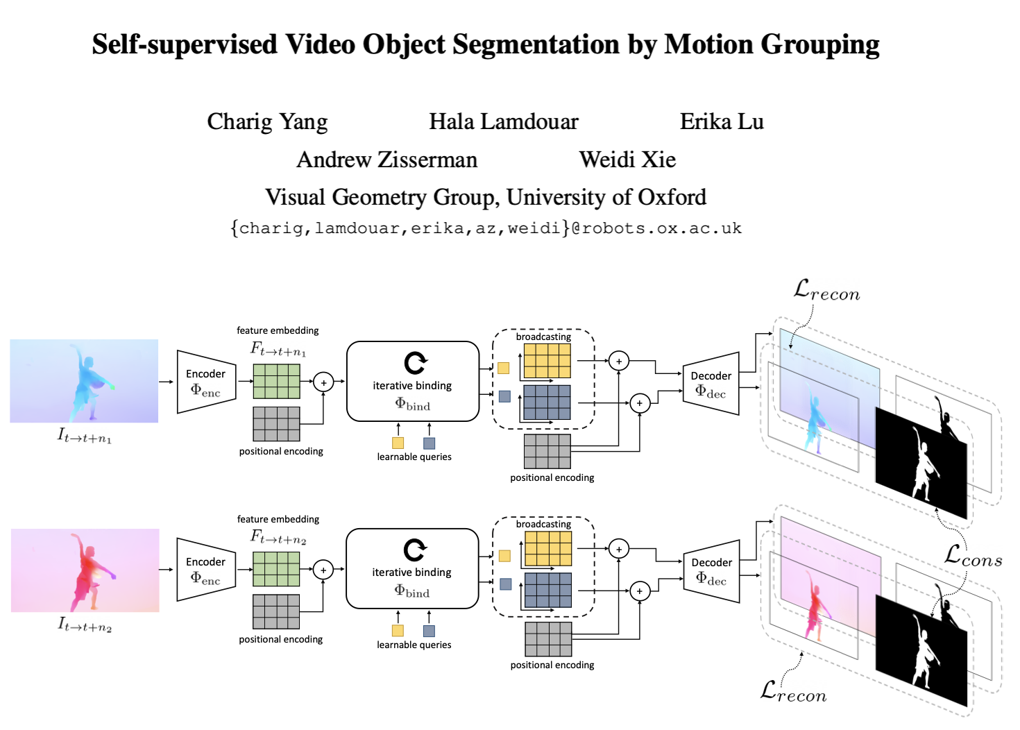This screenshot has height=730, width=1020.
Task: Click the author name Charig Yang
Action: click(x=267, y=122)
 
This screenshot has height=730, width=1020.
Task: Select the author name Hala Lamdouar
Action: click(x=503, y=122)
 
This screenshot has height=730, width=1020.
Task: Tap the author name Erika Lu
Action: click(x=721, y=122)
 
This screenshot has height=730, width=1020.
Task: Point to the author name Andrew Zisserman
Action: click(x=386, y=160)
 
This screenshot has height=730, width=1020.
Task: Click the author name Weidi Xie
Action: click(x=627, y=160)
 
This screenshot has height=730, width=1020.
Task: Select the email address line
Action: click(x=486, y=228)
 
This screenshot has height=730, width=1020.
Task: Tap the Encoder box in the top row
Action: click(x=206, y=382)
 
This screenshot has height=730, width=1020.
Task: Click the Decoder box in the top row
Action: click(x=711, y=384)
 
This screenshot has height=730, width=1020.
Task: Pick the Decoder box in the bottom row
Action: click(x=711, y=570)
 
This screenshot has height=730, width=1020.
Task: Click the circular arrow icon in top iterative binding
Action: click(x=415, y=363)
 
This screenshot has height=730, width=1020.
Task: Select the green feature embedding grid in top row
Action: click(x=276, y=381)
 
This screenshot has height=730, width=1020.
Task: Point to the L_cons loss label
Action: click(x=973, y=556)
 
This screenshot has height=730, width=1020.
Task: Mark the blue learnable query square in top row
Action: click(x=429, y=443)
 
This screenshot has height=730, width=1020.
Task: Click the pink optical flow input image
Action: click(x=85, y=570)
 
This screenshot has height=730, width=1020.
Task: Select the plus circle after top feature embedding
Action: click(x=323, y=382)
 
